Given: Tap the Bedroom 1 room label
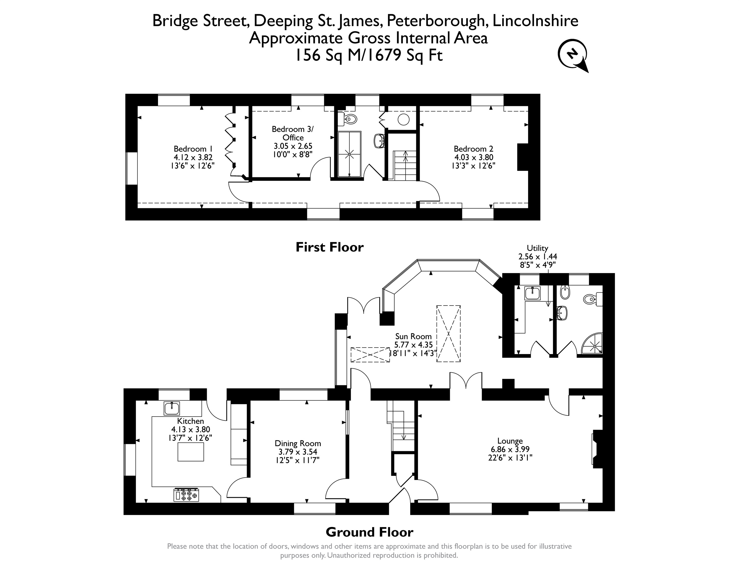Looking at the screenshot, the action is point(193,157).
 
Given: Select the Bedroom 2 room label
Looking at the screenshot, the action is point(473,157).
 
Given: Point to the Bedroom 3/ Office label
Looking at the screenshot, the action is point(293,141).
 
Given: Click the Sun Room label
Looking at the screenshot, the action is point(414,345).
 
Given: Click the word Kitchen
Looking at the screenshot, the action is point(190,421).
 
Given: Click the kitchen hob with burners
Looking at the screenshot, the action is point(186,495).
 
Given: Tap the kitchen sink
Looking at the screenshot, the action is point(172,408).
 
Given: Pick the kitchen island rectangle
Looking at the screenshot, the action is point(191,452).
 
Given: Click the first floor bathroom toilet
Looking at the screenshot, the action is point(350,119).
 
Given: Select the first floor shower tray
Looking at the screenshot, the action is point(350,154).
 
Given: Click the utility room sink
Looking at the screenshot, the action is point(533,293).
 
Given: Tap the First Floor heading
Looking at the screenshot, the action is point(330,247).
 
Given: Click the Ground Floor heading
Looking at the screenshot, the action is point(369,532).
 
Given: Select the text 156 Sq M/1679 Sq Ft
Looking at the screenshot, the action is point(369,55).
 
